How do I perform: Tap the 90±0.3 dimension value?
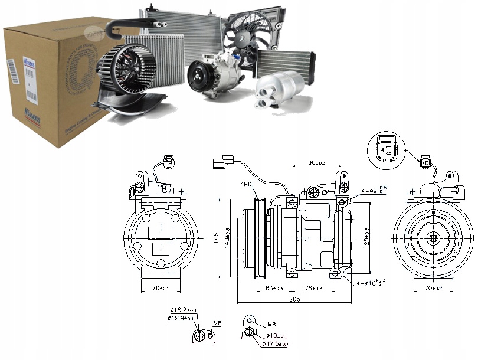(x=319, y=162)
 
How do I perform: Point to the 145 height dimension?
(x=216, y=238)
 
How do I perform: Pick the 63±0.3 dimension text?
(x=274, y=288)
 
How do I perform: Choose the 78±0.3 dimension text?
(x=313, y=288)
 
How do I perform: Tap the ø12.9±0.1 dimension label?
(x=179, y=319)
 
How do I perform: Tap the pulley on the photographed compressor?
(x=199, y=78)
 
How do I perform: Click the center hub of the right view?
(x=433, y=238)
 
